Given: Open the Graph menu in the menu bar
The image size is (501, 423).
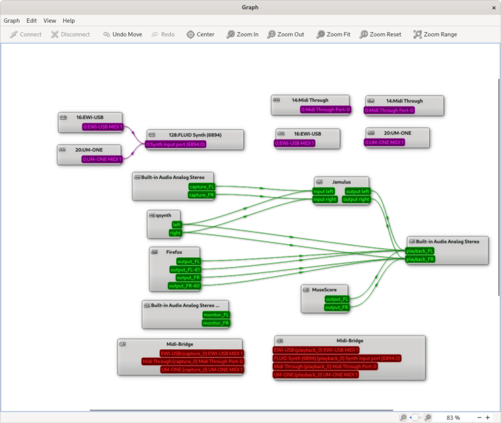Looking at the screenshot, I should tap(12, 21).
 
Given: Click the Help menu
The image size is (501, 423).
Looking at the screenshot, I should tap(68, 21).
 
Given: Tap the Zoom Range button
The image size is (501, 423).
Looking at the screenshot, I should tap(434, 35).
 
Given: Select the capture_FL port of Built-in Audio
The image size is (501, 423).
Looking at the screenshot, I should tap(201, 187).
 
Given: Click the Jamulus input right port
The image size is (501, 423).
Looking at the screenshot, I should tap(325, 200).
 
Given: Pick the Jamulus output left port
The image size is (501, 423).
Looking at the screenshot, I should tap(357, 191).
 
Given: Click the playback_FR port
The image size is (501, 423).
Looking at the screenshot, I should tap(420, 259).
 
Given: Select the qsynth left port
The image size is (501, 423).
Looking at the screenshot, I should tap(176, 225).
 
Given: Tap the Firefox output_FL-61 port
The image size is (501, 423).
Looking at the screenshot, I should tap(185, 270).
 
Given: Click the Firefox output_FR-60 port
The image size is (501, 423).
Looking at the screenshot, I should tap(185, 286).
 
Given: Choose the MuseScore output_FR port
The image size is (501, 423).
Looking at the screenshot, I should tap(337, 307).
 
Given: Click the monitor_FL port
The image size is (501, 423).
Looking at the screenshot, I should tap(216, 315).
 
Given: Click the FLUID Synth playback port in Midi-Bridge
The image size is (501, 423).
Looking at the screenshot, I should tap(337, 358).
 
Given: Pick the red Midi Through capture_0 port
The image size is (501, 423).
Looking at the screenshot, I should tap(192, 362).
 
